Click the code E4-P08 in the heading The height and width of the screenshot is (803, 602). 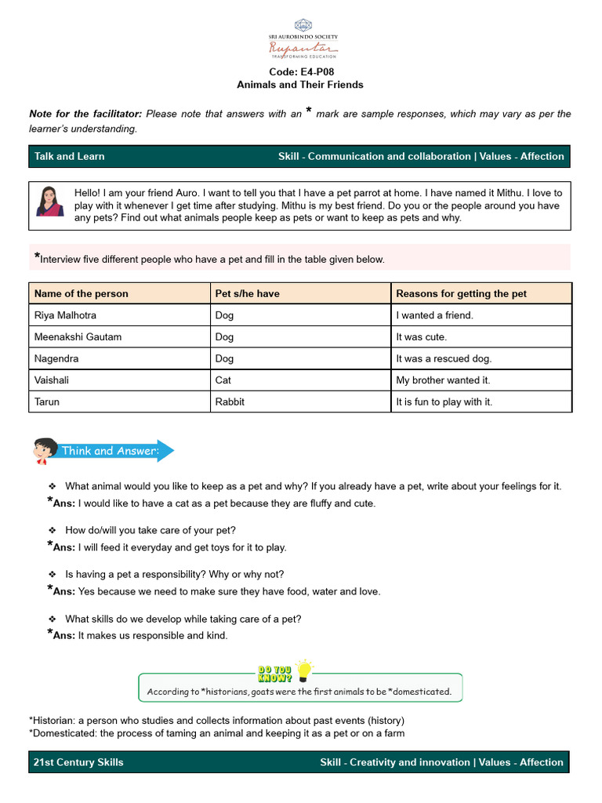300,71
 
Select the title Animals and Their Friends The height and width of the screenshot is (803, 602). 300,85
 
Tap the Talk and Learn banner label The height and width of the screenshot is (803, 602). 70,156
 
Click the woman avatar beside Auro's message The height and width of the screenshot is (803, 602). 49,202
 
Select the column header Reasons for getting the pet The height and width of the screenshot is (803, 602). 462,293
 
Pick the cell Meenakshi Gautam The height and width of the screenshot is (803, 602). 78,336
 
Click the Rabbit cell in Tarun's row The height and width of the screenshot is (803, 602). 230,401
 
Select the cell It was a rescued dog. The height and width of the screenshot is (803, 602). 444,358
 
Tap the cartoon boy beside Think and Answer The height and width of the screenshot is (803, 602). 44,451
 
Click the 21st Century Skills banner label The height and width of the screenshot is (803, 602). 78,762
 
